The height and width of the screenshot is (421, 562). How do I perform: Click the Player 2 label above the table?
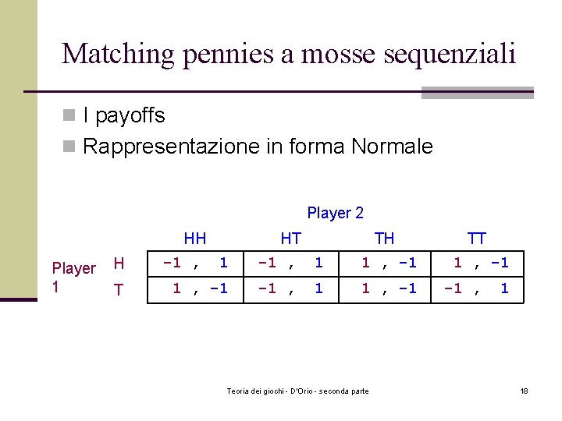click(x=335, y=212)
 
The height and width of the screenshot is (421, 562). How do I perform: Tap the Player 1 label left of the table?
click(x=73, y=277)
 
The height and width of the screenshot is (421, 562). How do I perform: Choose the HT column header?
click(x=290, y=239)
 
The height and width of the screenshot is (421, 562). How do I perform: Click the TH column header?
click(x=384, y=239)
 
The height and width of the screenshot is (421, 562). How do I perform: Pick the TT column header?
click(x=476, y=239)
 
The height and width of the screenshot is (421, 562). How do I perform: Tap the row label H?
click(x=119, y=264)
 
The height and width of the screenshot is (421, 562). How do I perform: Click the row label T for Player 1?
click(x=119, y=290)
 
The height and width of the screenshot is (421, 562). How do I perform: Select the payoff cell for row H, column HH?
click(x=195, y=264)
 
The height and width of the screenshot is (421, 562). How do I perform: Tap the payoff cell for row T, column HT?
click(x=290, y=288)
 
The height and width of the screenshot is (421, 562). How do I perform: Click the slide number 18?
click(x=524, y=391)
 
